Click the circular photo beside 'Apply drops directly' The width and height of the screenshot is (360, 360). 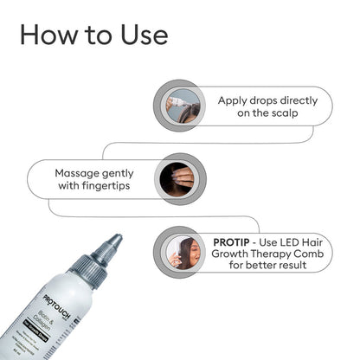point(183,106)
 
